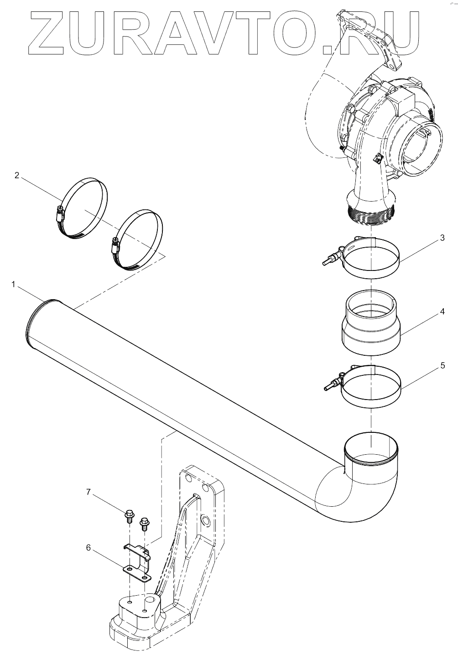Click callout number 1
click(14, 285)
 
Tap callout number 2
click(17, 175)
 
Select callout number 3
click(442, 238)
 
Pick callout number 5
click(442, 365)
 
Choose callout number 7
click(89, 492)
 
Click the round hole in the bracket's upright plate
click(205, 520)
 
